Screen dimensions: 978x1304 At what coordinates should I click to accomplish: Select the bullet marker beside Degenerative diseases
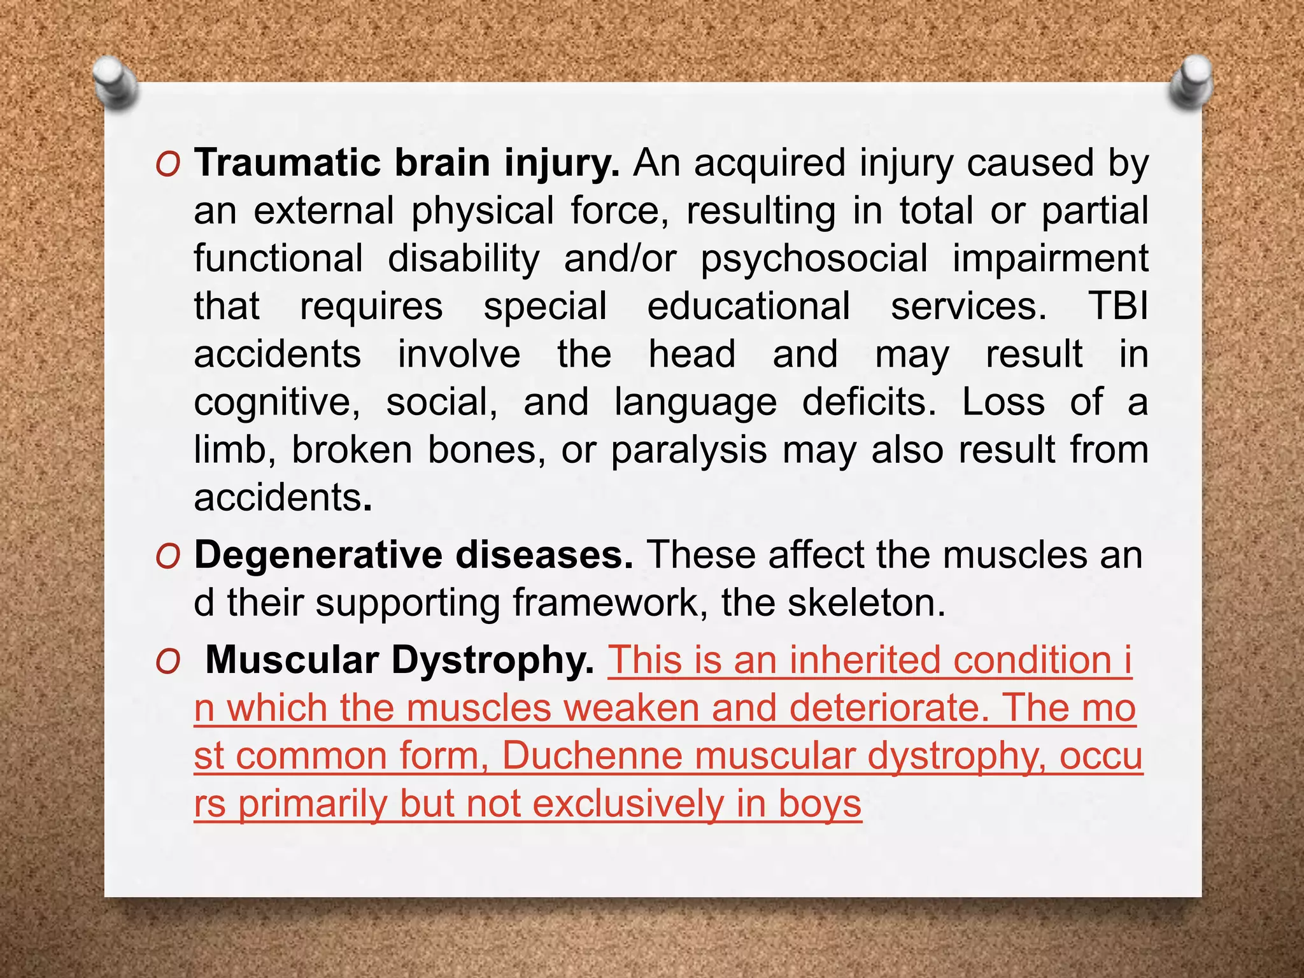click(168, 556)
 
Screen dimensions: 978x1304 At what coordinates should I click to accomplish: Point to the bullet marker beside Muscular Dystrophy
click(168, 662)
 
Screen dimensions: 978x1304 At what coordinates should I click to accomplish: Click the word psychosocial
click(814, 259)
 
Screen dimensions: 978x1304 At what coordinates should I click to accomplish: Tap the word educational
click(748, 306)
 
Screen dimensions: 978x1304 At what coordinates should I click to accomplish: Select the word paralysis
click(689, 450)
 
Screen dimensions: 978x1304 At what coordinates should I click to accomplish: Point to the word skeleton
click(866, 602)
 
